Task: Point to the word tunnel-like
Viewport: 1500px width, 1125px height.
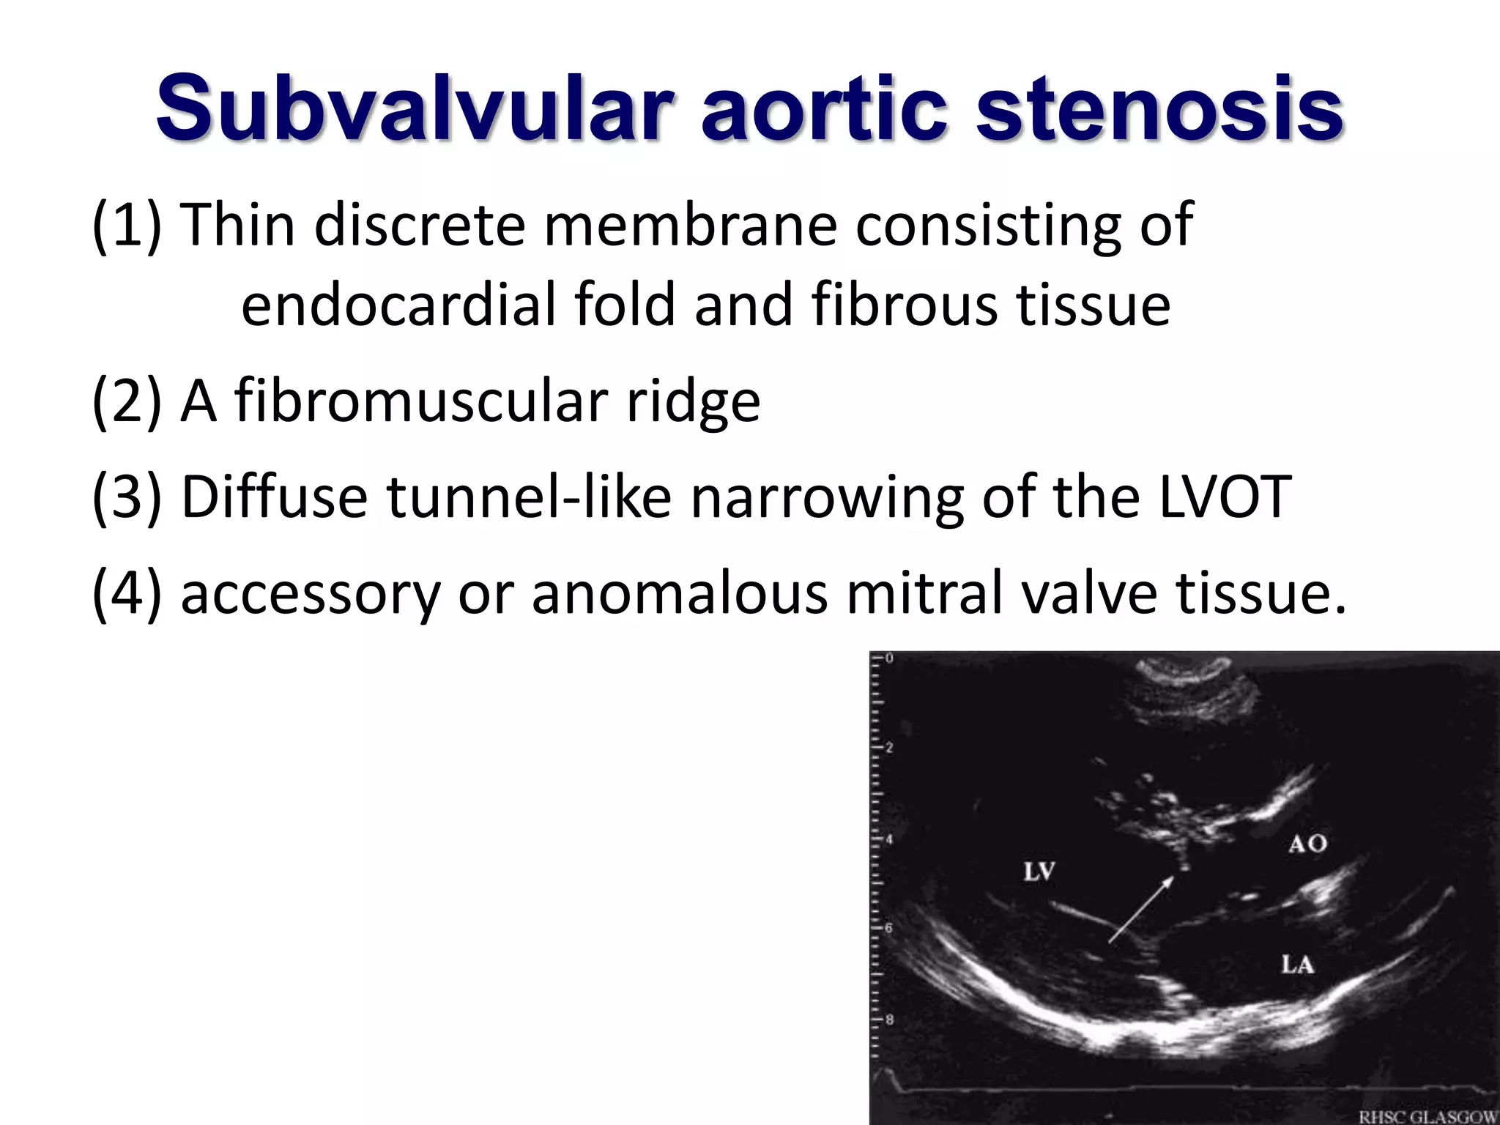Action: point(528,497)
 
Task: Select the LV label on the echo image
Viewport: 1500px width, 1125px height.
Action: point(1039,872)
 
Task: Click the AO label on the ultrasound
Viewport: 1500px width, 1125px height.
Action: point(1307,844)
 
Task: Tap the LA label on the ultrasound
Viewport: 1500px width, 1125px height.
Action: point(1297,964)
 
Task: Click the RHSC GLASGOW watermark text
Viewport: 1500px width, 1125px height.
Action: point(1427,1117)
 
